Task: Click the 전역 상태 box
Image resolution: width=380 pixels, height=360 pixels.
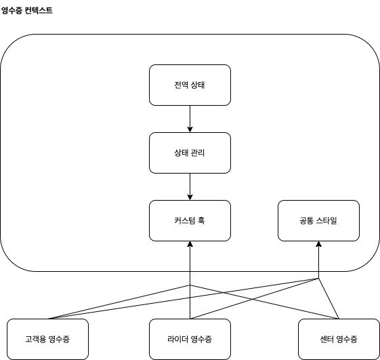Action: (190, 85)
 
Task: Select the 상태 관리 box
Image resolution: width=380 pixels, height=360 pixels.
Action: (190, 153)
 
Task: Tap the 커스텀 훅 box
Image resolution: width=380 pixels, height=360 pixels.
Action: (190, 220)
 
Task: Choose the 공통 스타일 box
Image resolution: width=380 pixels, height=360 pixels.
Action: (318, 220)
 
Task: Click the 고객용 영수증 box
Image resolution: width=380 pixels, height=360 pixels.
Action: (47, 339)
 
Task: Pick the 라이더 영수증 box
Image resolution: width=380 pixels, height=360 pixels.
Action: (190, 339)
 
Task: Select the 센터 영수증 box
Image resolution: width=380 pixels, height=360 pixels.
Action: (339, 339)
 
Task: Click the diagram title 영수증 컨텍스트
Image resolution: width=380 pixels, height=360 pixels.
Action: (27, 12)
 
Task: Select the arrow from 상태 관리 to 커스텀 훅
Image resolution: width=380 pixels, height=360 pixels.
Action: (190, 186)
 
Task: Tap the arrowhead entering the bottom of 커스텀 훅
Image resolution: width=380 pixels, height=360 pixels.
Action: (190, 245)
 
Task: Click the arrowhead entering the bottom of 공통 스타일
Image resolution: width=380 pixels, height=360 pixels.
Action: (318, 245)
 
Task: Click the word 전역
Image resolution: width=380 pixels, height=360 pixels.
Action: (181, 85)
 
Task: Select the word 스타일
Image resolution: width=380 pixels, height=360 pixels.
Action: (327, 220)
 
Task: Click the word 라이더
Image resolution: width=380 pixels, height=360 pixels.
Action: (178, 339)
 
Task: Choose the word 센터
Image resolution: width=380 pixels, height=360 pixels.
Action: (328, 339)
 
